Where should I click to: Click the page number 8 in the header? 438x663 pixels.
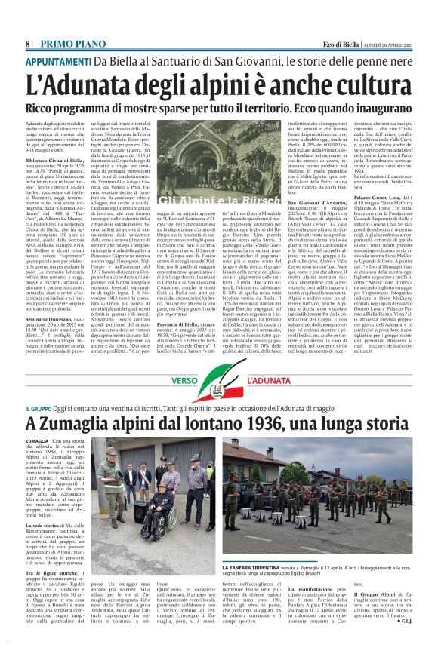(x=28, y=44)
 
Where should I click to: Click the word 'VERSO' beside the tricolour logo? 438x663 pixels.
(x=184, y=381)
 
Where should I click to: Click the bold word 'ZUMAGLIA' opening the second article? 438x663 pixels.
(x=38, y=440)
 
